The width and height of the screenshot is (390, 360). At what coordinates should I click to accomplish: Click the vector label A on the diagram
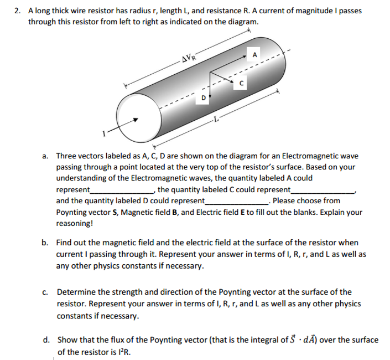pyautogui.click(x=255, y=55)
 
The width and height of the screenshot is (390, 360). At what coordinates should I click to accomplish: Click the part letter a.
pyautogui.click(x=46, y=156)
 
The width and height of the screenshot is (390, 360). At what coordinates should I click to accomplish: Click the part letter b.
pyautogui.click(x=46, y=243)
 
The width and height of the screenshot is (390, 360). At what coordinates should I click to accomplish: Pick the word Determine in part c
pyautogui.click(x=75, y=292)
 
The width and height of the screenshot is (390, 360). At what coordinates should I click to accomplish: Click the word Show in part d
pyautogui.click(x=66, y=340)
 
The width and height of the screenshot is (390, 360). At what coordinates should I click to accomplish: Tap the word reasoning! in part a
pyautogui.click(x=75, y=224)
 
